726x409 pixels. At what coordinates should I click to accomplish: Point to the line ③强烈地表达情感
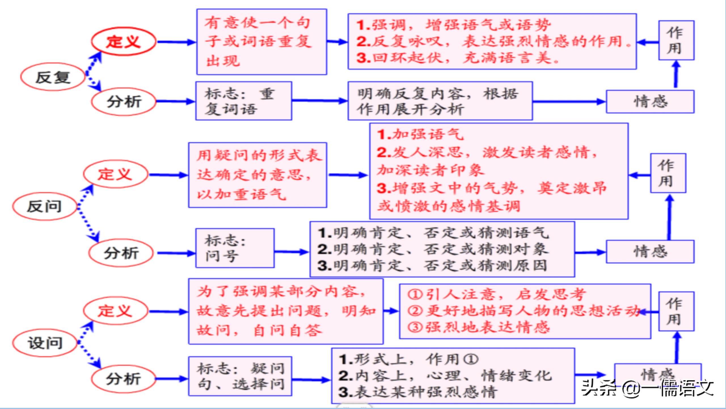pos(479,327)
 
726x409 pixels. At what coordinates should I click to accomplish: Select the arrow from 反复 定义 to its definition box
pos(176,42)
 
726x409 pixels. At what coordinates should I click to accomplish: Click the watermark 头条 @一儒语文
pos(647,388)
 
